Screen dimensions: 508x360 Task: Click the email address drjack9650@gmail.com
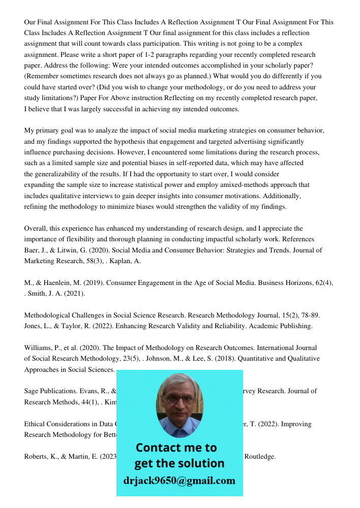[179, 480]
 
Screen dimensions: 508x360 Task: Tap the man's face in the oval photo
[178, 401]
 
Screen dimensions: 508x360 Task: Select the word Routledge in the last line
[260, 456]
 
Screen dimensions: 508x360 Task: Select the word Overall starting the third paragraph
[37, 228]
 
